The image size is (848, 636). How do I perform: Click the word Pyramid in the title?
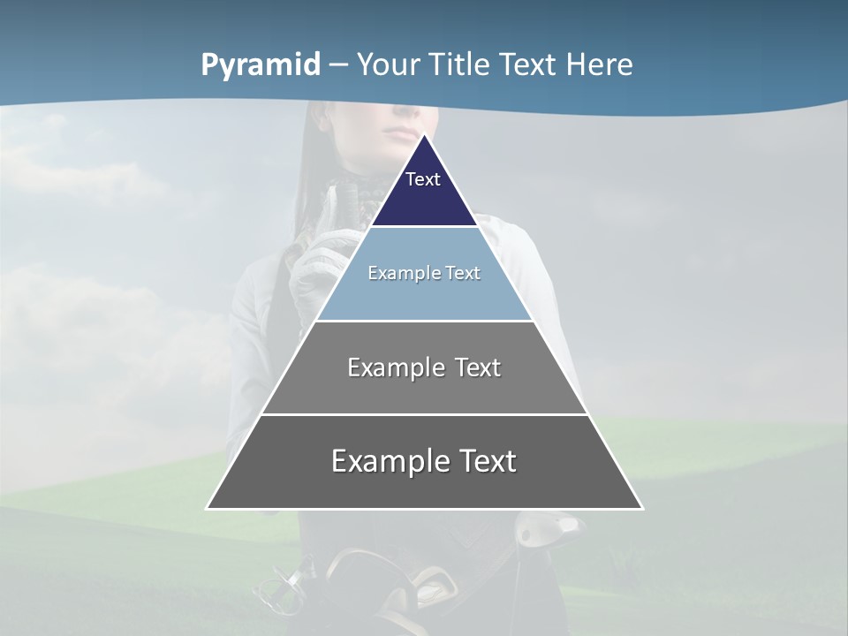click(x=261, y=65)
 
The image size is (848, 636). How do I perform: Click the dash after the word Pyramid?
click(x=338, y=65)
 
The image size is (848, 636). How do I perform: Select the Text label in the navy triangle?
click(x=423, y=179)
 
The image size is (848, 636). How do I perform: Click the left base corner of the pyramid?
click(x=208, y=508)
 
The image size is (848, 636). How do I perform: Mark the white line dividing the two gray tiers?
click(x=424, y=414)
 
